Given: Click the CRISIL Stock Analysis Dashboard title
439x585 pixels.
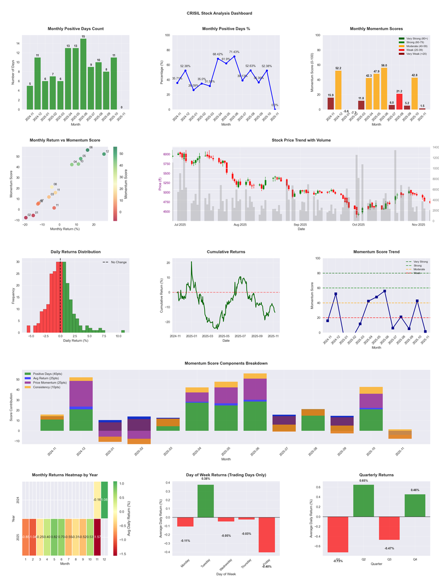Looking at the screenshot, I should [219, 13].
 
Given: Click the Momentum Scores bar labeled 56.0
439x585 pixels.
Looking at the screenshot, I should [384, 88].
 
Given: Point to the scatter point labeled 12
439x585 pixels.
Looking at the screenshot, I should [104, 154].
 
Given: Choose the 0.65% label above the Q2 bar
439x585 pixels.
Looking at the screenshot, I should [364, 481].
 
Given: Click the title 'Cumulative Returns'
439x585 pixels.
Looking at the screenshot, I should [226, 252].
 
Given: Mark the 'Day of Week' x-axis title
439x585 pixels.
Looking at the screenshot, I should [226, 575].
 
